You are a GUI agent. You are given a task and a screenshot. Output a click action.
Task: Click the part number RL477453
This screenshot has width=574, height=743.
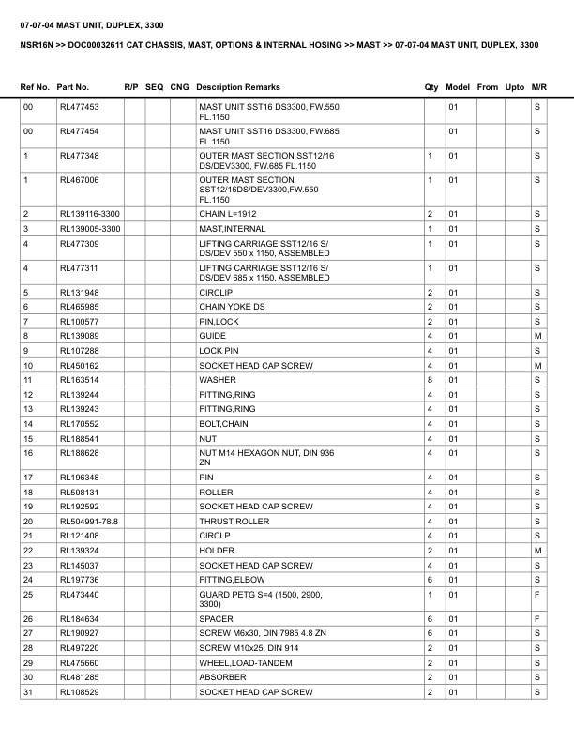coord(79,107)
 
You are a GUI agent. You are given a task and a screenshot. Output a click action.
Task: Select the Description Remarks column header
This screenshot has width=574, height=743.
coord(238,87)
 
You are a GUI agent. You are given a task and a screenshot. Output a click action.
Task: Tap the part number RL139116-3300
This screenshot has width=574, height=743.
coord(89,215)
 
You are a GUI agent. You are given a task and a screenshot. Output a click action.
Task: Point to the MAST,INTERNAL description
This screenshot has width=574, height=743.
coord(229,229)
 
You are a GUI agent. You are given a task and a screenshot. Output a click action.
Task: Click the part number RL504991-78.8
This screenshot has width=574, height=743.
coord(88,521)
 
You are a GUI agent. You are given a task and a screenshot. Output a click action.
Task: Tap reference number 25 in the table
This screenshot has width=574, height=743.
coord(28,595)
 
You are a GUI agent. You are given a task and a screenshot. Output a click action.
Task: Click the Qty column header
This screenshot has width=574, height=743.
coord(431,87)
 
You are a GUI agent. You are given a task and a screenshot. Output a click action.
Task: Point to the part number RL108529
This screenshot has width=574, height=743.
coord(79,692)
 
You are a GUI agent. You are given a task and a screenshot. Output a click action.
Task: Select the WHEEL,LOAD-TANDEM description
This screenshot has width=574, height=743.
coord(242,663)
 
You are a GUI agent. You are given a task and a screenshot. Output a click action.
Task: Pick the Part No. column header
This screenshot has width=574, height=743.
coord(73,87)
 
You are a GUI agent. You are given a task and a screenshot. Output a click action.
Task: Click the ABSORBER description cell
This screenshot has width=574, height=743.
coord(222,677)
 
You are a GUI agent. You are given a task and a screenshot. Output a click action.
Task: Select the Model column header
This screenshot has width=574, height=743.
coord(458,87)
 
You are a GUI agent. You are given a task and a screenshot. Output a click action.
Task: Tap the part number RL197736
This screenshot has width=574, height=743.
coord(79,580)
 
